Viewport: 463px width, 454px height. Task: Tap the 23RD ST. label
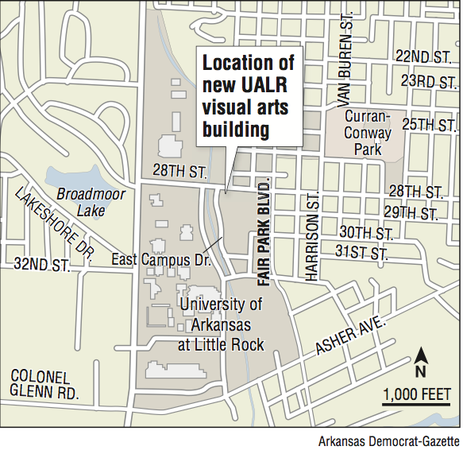428,82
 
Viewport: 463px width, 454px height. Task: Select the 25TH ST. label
429,125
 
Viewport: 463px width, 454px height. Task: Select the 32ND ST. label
41,264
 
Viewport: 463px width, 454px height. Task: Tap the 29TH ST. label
410,213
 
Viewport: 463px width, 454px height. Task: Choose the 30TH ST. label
366,233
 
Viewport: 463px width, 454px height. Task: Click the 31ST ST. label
361,254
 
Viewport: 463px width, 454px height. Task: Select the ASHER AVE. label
351,338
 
